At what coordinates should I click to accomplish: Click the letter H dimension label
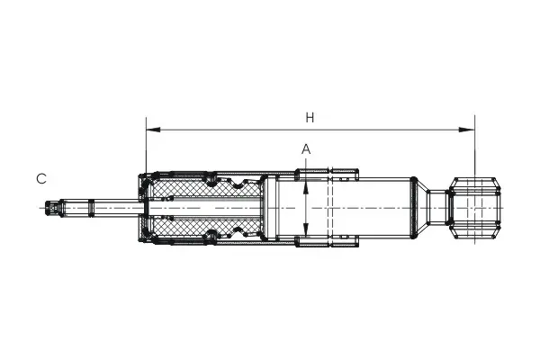310,118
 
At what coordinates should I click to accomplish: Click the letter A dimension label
306,149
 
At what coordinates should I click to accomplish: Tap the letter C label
41,179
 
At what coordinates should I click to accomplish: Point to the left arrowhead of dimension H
153,130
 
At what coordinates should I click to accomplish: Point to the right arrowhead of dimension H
467,130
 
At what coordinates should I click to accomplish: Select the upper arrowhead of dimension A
306,187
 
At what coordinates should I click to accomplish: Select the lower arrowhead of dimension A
306,229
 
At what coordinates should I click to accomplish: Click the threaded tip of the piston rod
52,208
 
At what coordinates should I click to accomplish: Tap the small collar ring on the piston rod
91,208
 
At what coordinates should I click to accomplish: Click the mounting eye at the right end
475,208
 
